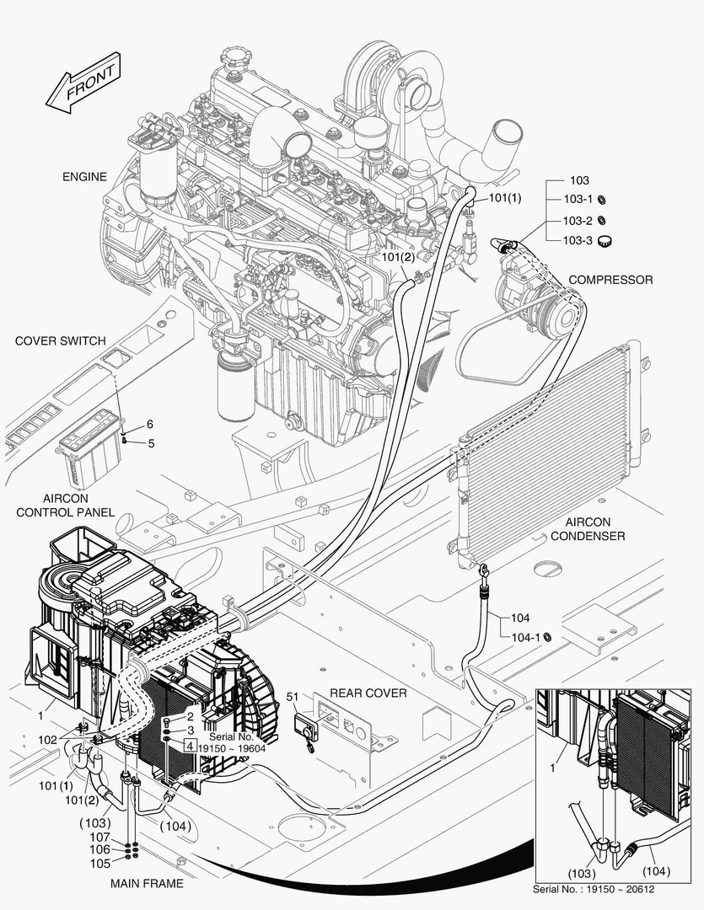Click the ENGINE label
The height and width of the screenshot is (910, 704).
[84, 177]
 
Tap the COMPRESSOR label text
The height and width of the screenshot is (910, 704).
[610, 280]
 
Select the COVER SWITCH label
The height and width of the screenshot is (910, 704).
[61, 341]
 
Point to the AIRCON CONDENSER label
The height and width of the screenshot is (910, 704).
[594, 529]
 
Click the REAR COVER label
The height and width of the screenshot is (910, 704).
[368, 693]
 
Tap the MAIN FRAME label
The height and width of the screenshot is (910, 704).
[147, 884]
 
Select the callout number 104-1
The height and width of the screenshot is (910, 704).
[525, 637]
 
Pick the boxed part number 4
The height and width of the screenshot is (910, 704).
[191, 746]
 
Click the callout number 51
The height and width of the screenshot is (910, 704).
[293, 696]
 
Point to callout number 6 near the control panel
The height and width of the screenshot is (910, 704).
[150, 424]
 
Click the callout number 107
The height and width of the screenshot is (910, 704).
[100, 837]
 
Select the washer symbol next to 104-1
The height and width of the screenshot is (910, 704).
[548, 637]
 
